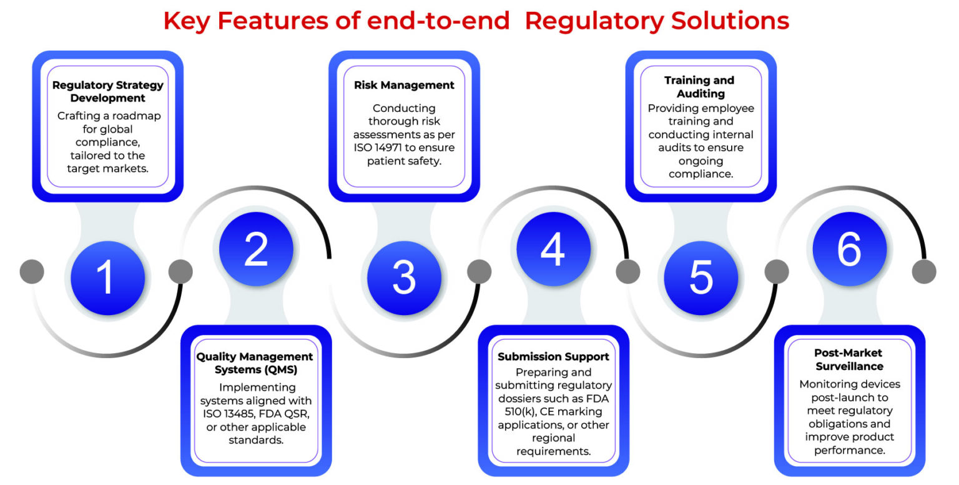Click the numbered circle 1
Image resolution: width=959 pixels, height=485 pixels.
(x=107, y=277)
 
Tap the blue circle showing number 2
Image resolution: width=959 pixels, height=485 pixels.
(x=256, y=249)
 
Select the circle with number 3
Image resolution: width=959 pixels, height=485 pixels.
(x=404, y=277)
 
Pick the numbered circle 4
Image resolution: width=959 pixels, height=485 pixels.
(x=553, y=249)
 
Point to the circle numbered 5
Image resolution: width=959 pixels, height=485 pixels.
(x=701, y=277)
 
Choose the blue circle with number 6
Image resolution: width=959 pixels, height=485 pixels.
(x=849, y=249)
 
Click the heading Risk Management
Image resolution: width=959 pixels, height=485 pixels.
(x=404, y=85)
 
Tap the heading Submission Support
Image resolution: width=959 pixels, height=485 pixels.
(x=553, y=357)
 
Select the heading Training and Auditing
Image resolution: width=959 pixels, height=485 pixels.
(x=699, y=87)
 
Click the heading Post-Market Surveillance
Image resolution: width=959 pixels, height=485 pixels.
(x=848, y=359)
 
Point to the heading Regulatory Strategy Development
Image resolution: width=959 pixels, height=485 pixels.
(x=107, y=91)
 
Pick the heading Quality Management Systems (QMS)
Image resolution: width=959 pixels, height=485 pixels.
(x=255, y=362)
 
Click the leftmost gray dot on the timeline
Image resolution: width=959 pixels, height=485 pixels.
(x=32, y=272)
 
